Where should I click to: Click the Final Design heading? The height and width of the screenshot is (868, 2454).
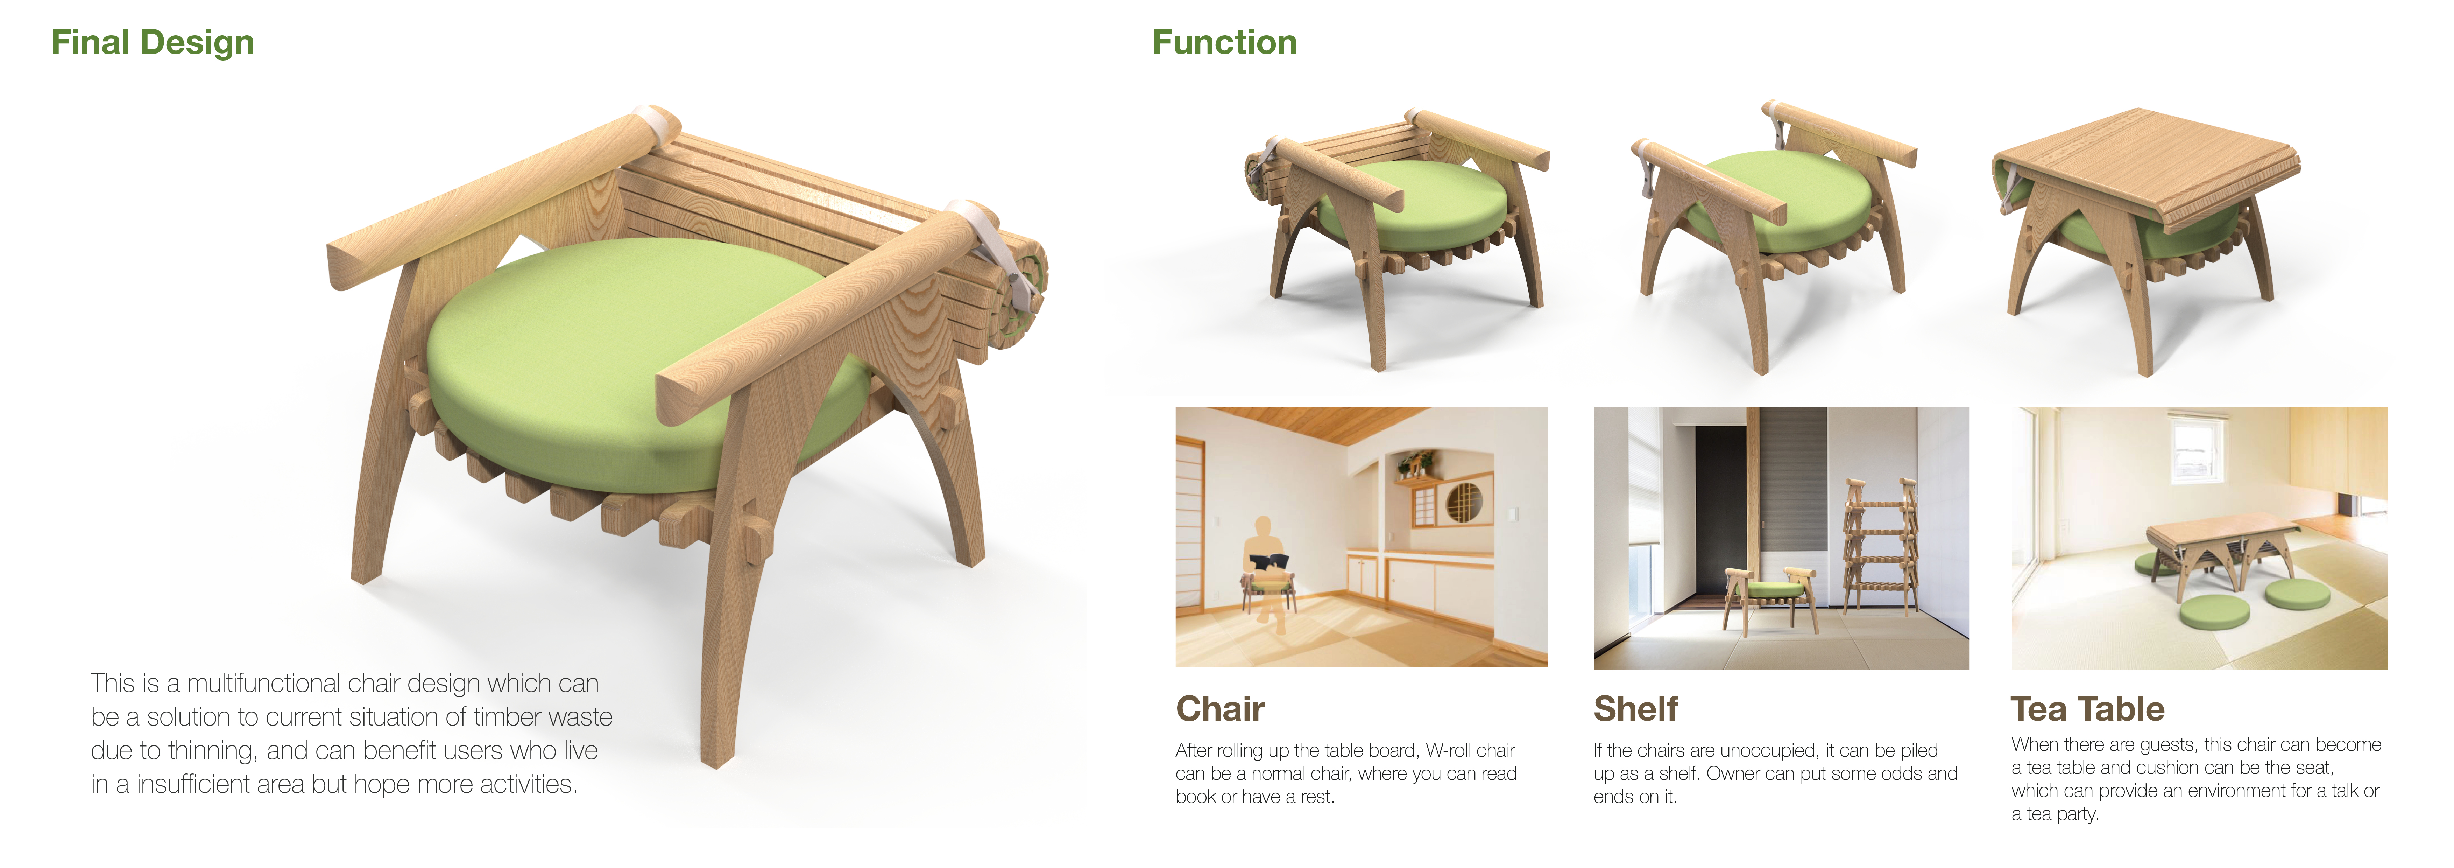click(x=153, y=43)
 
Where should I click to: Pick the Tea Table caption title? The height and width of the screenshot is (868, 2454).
click(x=2087, y=709)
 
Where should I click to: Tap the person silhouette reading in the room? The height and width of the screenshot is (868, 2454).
click(x=1264, y=562)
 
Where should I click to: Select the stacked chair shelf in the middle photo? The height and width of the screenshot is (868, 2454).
click(x=1880, y=548)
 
